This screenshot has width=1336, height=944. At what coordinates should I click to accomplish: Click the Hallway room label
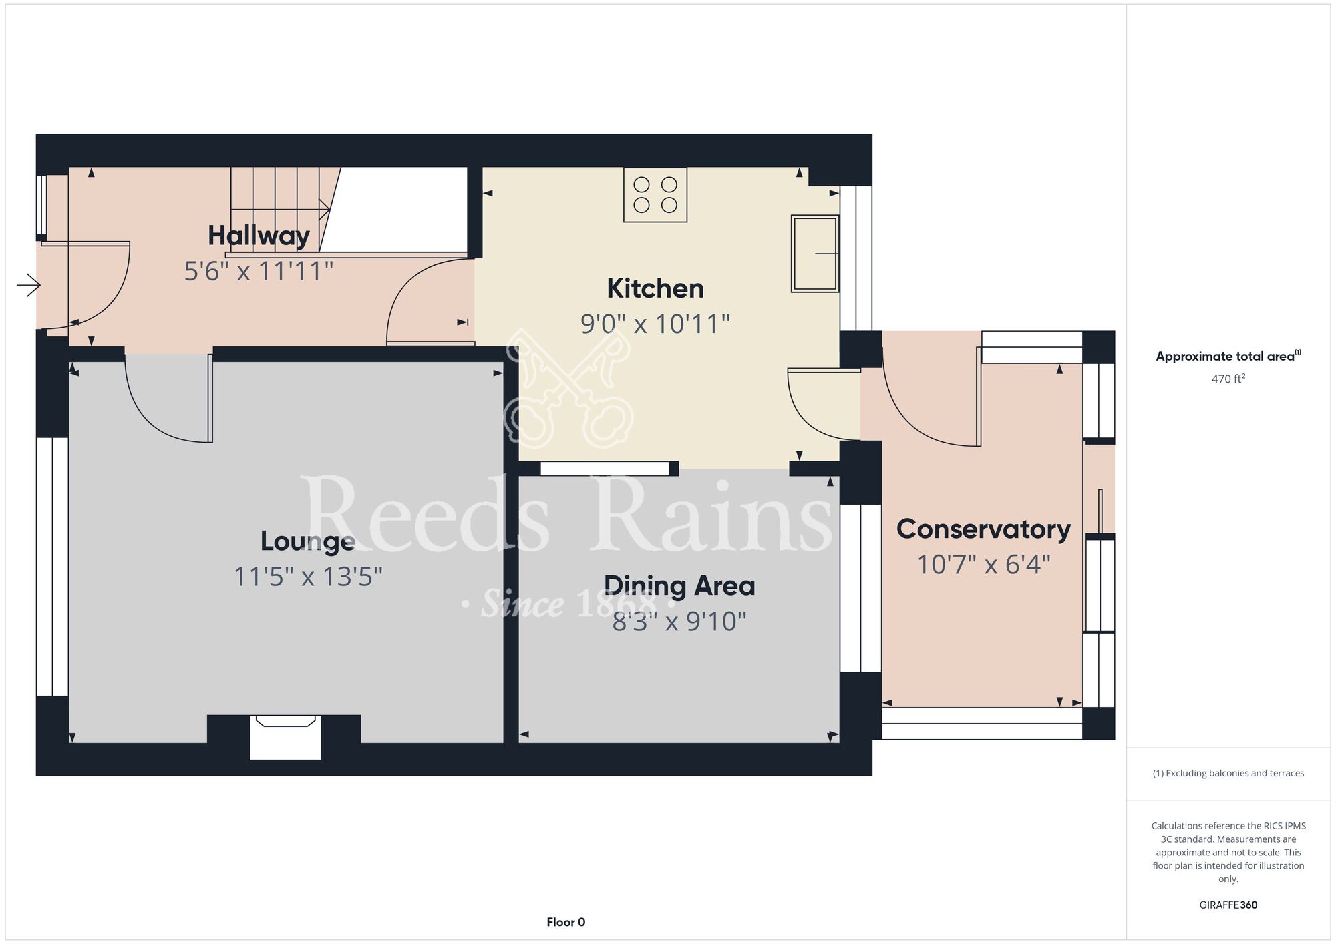coord(259,236)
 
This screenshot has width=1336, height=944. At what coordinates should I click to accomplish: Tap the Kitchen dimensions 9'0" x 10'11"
coord(655,324)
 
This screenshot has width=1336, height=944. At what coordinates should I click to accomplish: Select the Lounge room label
coord(307,541)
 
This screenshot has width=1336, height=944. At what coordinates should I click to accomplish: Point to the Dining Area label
coord(679,586)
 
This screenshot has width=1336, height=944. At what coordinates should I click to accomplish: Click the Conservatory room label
coord(983,529)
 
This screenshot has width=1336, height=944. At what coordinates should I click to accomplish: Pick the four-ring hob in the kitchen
coord(655,194)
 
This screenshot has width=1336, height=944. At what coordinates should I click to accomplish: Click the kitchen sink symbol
coord(815,254)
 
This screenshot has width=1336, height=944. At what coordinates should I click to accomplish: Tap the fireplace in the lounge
coord(286,737)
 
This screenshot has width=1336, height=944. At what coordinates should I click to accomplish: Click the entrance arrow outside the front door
coord(29,286)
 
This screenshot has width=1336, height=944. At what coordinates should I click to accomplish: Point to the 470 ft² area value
coord(1228,379)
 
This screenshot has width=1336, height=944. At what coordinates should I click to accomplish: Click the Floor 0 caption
coord(566,922)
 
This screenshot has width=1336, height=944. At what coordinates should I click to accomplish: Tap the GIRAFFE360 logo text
coord(1228,905)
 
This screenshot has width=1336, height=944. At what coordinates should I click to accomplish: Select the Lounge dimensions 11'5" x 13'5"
coord(308,577)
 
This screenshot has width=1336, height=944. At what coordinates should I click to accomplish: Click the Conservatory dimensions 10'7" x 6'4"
coord(983,565)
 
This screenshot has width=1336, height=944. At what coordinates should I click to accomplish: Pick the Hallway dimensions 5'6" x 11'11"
coord(259,272)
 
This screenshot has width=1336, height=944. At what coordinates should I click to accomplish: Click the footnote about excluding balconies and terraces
coord(1228,773)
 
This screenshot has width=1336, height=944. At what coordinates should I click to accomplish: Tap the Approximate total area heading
coord(1228,356)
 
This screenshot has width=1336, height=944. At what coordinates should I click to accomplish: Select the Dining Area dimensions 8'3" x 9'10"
coord(679,622)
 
